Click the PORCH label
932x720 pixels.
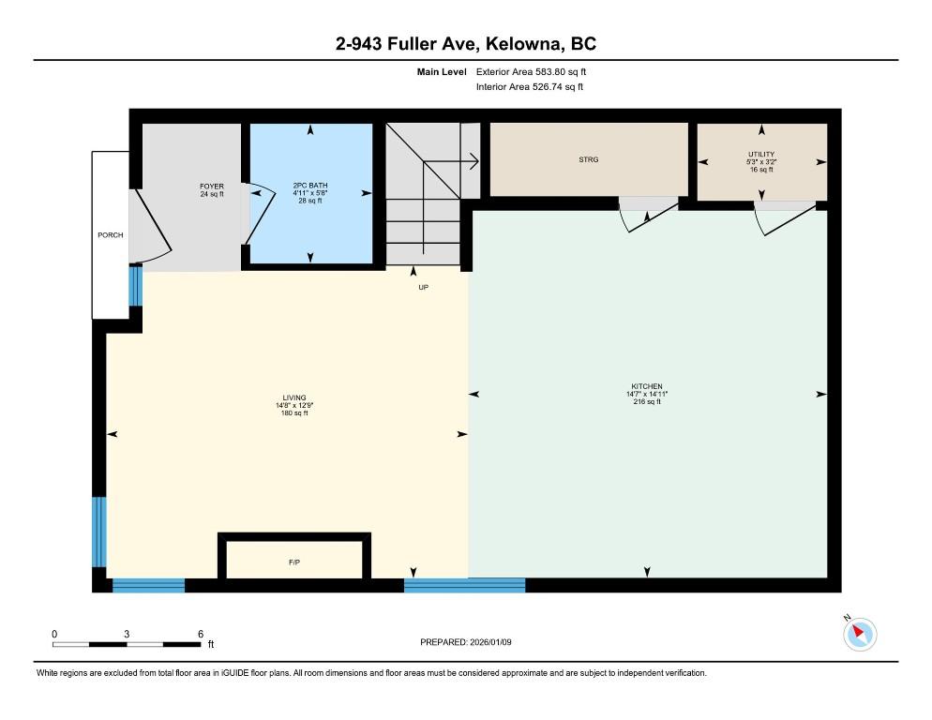pos(111,235)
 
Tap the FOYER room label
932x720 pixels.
pos(212,187)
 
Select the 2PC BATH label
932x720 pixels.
pos(310,186)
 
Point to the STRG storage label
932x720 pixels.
pos(589,159)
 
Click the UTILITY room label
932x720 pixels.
pos(761,154)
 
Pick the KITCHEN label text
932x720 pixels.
pos(647,386)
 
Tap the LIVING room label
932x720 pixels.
pos(294,397)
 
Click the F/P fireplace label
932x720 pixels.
pos(294,562)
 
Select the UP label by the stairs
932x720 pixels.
pos(423,287)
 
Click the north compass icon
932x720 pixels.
pos(860,634)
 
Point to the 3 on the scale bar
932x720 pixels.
pos(127,634)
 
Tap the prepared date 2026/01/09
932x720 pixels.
pos(490,642)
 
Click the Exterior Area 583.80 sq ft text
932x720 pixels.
pos(531,72)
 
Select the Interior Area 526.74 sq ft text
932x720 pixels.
pos(530,87)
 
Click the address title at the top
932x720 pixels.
pos(466,43)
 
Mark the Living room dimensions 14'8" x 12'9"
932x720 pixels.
pos(294,406)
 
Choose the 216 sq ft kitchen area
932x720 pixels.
pos(647,401)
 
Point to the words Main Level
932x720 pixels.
pos(442,72)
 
